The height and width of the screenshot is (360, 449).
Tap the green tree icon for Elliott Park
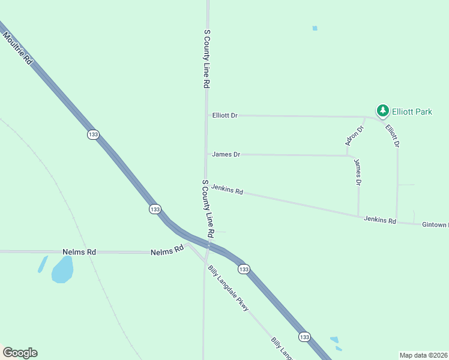point(382,110)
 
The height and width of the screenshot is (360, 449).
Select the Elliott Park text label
point(412,111)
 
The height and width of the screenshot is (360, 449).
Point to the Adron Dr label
point(355,136)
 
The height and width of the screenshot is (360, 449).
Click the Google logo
point(20,353)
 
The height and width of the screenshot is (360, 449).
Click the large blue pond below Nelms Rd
point(62,269)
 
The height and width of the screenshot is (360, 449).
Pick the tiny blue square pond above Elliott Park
point(315,28)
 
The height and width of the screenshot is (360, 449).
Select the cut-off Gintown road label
point(435,224)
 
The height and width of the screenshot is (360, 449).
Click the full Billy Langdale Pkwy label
point(228,288)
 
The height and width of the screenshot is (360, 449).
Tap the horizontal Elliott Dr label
point(225,115)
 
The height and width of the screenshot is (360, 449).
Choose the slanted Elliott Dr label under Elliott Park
point(393,136)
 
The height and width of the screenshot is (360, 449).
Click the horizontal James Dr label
point(226,154)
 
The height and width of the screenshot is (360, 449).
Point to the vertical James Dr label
point(358,172)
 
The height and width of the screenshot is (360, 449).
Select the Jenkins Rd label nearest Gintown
point(380,220)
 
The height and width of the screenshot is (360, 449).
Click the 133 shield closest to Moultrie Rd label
point(92,135)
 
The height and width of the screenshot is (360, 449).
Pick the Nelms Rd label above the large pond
point(79,252)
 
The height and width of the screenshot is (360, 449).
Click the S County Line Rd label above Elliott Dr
point(206,59)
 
